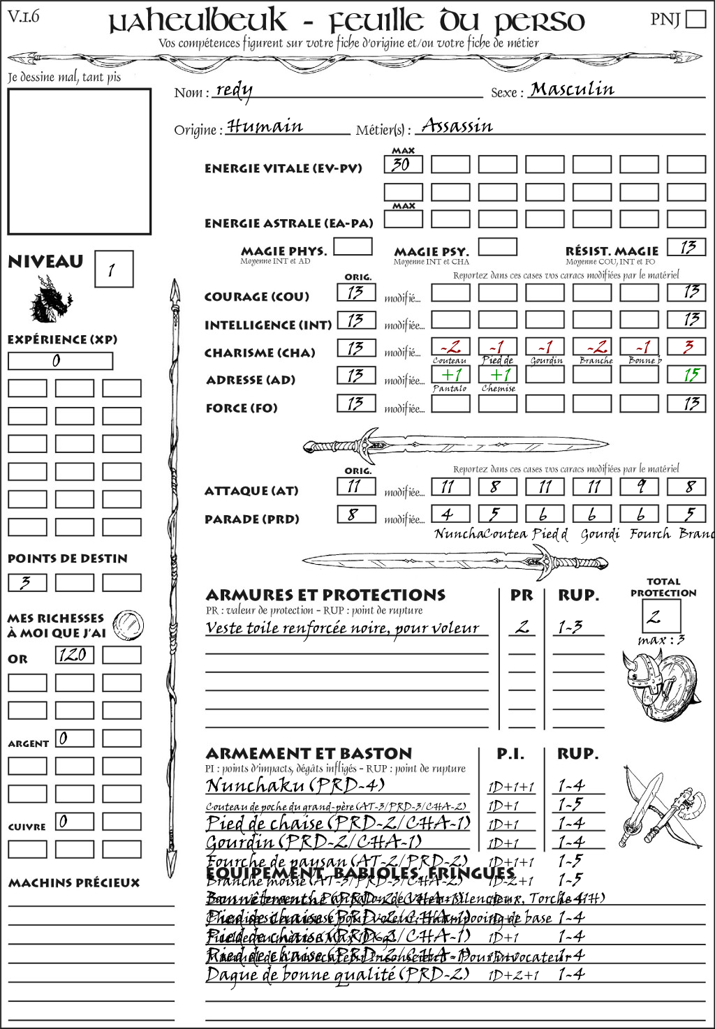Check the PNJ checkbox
[695, 19]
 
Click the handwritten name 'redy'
[234, 90]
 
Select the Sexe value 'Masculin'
[572, 89]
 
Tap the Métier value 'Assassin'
[457, 126]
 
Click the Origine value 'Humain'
[265, 126]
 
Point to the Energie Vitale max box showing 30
[403, 165]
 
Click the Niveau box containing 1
[113, 269]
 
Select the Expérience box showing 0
[60, 361]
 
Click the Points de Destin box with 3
[27, 582]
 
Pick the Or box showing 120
[74, 655]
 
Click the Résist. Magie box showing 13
[686, 247]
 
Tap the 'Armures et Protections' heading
[325, 595]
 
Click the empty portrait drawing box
[79, 161]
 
